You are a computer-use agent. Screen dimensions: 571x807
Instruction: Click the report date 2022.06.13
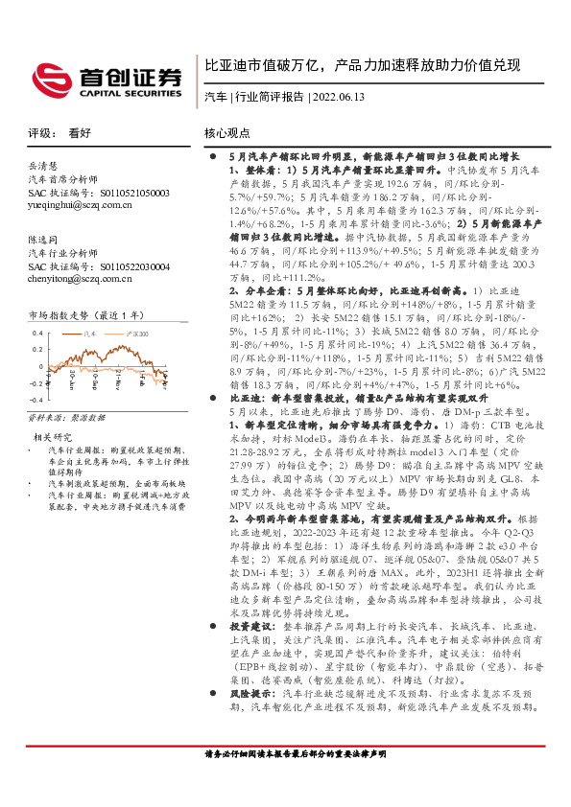click(341, 97)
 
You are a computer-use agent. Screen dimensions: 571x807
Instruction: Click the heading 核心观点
click(227, 133)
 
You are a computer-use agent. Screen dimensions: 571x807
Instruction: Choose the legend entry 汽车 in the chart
click(91, 331)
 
